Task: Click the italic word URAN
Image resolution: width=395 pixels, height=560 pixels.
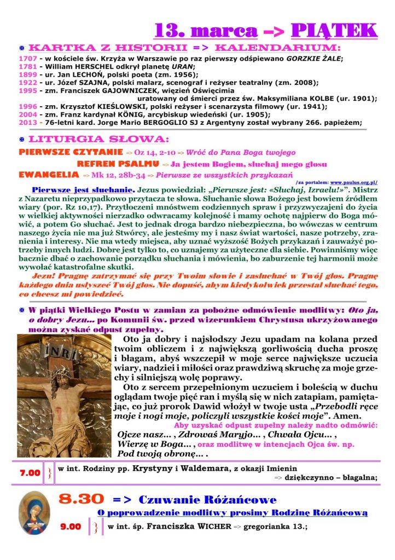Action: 168,67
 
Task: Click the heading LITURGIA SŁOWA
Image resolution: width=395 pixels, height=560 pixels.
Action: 98,138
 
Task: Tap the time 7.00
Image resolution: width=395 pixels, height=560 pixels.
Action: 30,472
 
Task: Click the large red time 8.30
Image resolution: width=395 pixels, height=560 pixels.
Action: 82,499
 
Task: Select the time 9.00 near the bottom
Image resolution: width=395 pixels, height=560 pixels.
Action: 71,527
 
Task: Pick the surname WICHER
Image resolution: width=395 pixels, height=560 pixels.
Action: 213,527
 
